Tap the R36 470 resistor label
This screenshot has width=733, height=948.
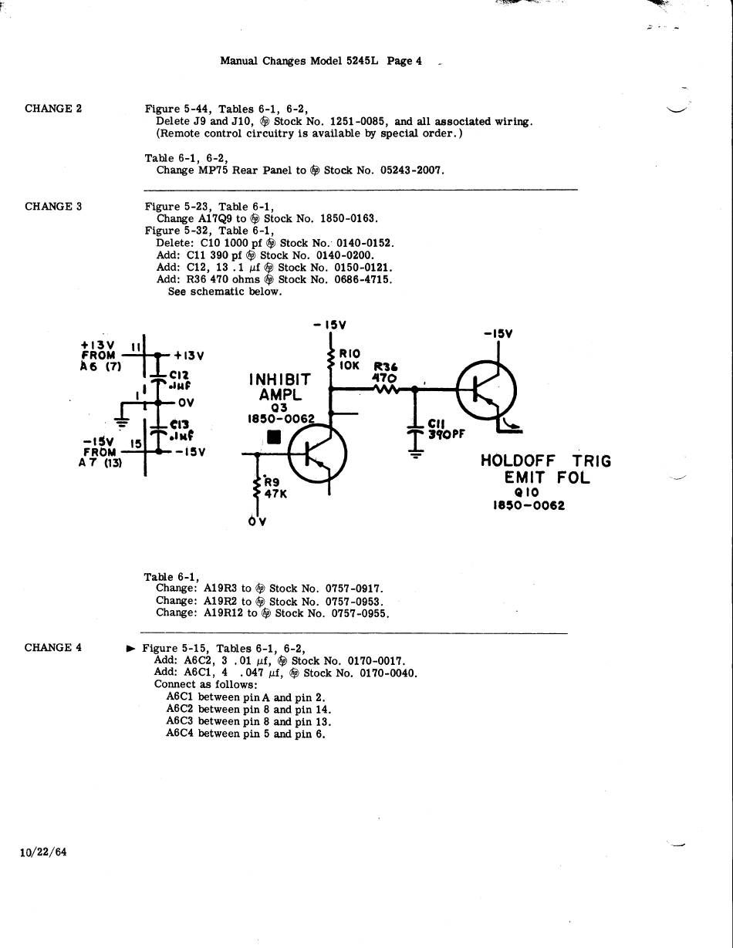click(x=384, y=373)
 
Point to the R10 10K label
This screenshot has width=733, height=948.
click(x=350, y=359)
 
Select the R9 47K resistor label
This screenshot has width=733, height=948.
click(x=275, y=488)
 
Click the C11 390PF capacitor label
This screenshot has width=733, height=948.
click(x=446, y=429)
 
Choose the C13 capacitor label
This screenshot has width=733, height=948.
click(x=181, y=429)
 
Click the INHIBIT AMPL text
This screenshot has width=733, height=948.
click(x=279, y=387)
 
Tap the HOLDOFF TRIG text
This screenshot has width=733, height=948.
click(x=546, y=461)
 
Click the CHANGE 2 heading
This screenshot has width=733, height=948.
click(x=53, y=109)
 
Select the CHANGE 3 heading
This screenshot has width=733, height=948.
click(x=53, y=207)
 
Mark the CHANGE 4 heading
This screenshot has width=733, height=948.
click(x=53, y=648)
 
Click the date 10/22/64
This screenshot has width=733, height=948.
click(x=44, y=852)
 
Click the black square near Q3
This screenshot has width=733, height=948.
click(x=274, y=437)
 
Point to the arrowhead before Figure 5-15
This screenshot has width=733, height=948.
click(x=130, y=649)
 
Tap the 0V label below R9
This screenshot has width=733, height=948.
click(x=257, y=522)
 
